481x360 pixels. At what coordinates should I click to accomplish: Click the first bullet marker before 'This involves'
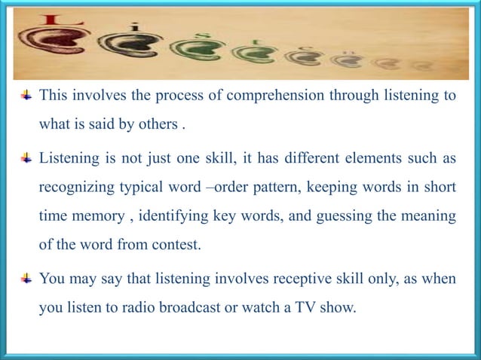click(27, 96)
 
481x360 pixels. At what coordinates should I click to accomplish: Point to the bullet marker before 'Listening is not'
click(27, 160)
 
